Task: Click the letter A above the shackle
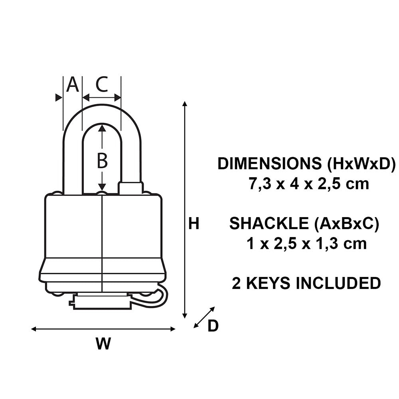point(72,85)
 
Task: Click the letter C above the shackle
point(102,85)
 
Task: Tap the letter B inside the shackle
point(103,161)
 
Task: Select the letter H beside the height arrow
point(194,224)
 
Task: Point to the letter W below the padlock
point(103,344)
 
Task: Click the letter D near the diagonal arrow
point(213,326)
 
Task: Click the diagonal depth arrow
point(204,317)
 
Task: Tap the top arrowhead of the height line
point(184,104)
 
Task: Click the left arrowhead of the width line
point(34,329)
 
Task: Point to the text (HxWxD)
point(360,164)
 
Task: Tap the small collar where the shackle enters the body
point(131,188)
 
